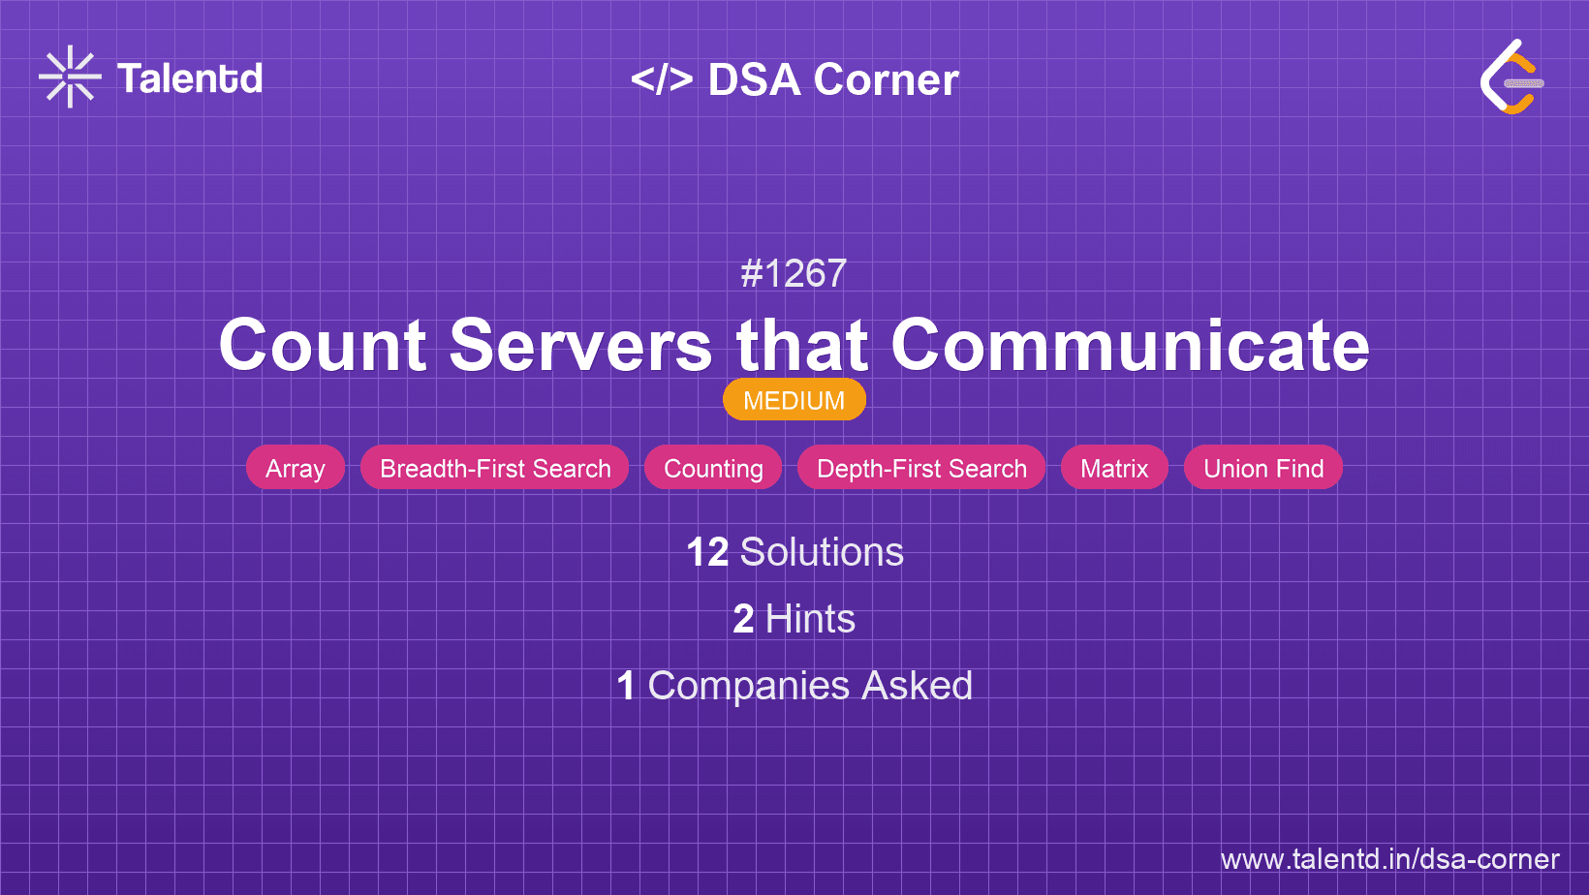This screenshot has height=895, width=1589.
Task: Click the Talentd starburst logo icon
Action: [x=70, y=77]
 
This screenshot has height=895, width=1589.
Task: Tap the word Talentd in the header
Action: [x=189, y=78]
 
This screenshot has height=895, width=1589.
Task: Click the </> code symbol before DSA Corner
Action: [x=662, y=78]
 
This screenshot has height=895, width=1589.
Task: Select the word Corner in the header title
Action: [x=886, y=79]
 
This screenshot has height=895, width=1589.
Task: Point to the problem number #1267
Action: [x=794, y=273]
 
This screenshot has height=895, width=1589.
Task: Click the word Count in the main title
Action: [x=323, y=345]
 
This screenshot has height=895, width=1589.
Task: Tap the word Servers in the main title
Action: [x=581, y=345]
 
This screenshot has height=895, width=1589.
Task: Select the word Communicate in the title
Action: [x=1130, y=345]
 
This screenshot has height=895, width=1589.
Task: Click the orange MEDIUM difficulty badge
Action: [x=794, y=400]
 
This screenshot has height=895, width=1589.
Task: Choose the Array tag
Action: [x=296, y=468]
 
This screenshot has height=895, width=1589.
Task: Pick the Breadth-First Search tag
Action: [x=495, y=468]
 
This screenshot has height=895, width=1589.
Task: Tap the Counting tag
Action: [x=714, y=468]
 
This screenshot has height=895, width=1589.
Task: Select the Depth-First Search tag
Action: [x=921, y=468]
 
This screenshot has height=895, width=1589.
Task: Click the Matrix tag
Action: [x=1114, y=468]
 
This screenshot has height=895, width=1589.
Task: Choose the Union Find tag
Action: [x=1263, y=468]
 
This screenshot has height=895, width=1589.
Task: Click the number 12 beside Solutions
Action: [x=707, y=552]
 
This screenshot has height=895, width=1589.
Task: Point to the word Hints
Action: [x=810, y=619]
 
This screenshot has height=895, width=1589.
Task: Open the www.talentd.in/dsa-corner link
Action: [x=1389, y=859]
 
